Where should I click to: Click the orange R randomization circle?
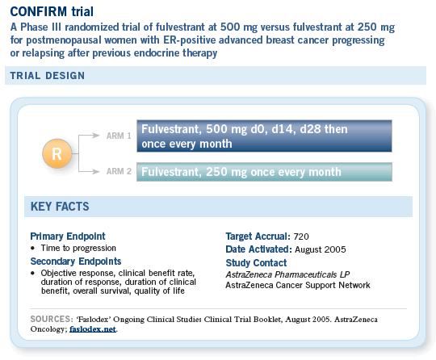[57, 153]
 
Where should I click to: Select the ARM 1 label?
[119, 136]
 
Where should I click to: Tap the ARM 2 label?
[119, 171]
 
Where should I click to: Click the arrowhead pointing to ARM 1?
[96, 136]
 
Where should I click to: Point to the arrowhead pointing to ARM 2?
[96, 171]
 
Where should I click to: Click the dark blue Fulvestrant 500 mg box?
[264, 136]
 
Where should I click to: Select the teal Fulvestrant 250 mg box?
[264, 172]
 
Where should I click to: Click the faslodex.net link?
[93, 329]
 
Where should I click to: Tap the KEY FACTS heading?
[60, 207]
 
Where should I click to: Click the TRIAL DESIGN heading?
[48, 76]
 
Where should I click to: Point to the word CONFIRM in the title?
[39, 11]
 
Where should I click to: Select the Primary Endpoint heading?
[68, 237]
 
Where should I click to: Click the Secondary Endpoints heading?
[76, 262]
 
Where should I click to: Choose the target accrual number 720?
[301, 237]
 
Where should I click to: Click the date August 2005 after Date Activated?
[321, 249]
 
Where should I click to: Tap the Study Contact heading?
[256, 262]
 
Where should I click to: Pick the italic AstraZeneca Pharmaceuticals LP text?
[287, 274]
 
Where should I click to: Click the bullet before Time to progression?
[33, 248]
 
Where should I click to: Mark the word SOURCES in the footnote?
[52, 319]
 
